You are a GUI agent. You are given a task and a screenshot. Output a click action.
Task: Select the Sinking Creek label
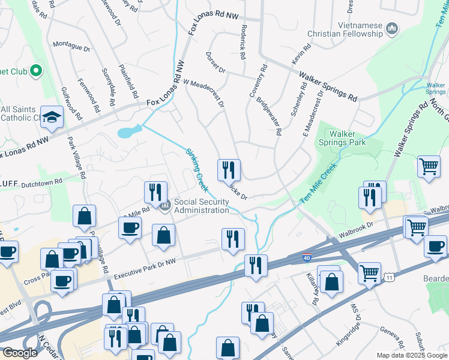196,170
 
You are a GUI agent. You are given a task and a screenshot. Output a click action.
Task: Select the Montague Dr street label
71,46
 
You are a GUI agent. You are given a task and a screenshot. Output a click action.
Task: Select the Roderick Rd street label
243,46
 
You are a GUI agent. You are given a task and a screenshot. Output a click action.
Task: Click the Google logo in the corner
20,353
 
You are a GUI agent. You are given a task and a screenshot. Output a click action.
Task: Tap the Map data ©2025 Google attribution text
411,355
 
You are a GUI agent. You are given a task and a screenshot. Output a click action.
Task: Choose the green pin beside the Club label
35,71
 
